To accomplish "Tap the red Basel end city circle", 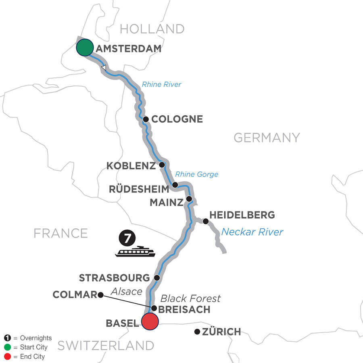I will coord(150,322).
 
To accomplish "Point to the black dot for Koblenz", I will coord(162,165).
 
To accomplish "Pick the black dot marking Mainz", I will coord(189,199).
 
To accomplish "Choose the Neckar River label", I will coord(252,232).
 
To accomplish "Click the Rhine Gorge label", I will coord(196,175).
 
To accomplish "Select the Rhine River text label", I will coord(161,85).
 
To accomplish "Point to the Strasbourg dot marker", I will coord(157,277).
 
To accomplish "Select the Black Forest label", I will coord(190,298).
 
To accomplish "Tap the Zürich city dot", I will coord(197,332).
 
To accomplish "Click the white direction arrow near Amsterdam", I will coord(104,68).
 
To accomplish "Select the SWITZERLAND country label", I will coord(106,346).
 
